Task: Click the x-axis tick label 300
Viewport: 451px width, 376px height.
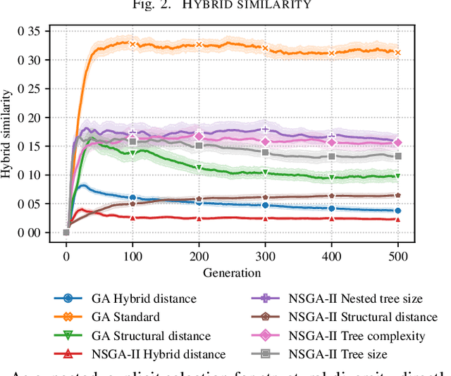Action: pyautogui.click(x=265, y=257)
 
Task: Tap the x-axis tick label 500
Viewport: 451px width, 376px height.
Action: pyautogui.click(x=398, y=257)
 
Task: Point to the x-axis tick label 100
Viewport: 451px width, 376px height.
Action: pyautogui.click(x=132, y=257)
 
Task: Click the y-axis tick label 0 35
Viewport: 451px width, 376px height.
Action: pyautogui.click(x=31, y=31)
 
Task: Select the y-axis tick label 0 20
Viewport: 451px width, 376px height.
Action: pyautogui.click(x=31, y=118)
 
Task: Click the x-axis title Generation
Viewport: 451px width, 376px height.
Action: pyautogui.click(x=232, y=272)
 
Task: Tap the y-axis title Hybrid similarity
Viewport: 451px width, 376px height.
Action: pyautogui.click(x=8, y=132)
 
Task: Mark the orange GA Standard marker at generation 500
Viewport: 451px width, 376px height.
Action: pyautogui.click(x=398, y=52)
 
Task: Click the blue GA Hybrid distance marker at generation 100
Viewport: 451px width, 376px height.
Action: pyautogui.click(x=132, y=198)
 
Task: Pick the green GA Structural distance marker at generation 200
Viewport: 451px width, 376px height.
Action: pyautogui.click(x=199, y=168)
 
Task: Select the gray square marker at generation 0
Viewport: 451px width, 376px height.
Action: pyautogui.click(x=66, y=232)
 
